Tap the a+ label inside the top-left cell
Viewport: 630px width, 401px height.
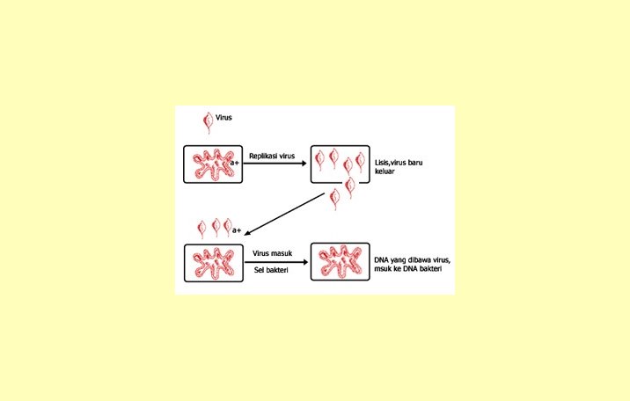235,163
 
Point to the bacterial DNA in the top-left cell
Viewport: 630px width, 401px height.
210,164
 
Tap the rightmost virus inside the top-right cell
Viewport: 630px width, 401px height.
360,160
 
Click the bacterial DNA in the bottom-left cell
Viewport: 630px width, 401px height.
211,263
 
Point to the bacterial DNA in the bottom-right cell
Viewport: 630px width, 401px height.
340,263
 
